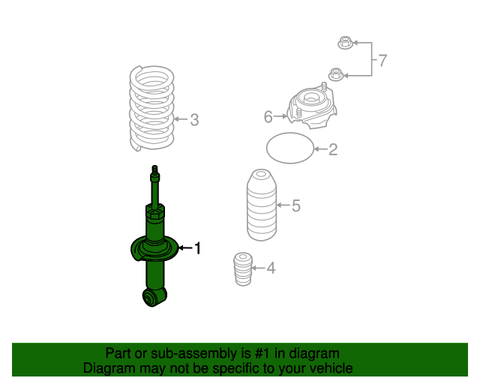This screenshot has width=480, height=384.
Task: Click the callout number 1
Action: [198, 248]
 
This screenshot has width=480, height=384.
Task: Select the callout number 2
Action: [333, 149]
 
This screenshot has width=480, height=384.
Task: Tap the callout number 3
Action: [195, 120]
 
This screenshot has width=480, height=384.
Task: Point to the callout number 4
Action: [271, 268]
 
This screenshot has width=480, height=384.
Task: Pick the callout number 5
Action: [296, 205]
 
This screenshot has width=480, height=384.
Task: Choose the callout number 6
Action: [268, 117]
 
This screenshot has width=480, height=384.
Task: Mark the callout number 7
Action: [382, 60]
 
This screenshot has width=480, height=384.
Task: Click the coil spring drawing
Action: [151, 108]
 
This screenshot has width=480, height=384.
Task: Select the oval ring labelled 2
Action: [290, 133]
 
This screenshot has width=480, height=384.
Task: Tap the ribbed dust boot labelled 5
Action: [262, 205]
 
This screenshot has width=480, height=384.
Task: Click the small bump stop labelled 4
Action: [243, 269]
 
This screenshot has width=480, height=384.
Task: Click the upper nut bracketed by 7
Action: [346, 43]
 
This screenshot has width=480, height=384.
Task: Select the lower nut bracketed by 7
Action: [336, 75]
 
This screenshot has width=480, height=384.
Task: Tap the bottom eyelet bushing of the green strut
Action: [151, 298]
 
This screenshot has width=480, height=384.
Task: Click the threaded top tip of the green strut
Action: [155, 169]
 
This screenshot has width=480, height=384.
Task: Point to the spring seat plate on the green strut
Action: [154, 249]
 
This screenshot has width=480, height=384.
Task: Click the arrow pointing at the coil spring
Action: [181, 119]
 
